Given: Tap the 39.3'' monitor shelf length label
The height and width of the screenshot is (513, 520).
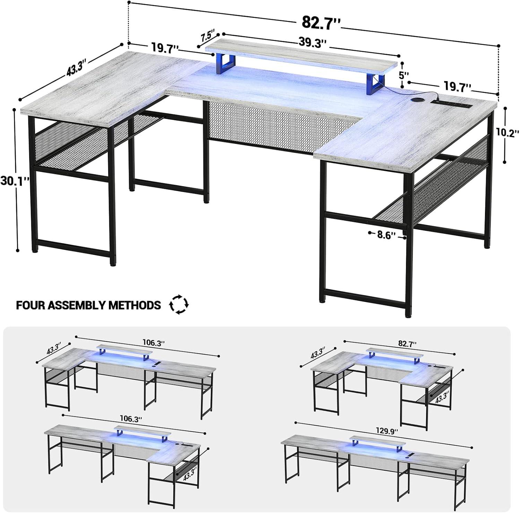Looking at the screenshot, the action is click(x=313, y=43).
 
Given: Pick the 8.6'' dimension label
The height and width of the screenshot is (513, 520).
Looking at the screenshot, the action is click(x=387, y=235).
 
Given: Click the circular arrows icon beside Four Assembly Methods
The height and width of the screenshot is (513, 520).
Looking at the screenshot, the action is click(x=179, y=304).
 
